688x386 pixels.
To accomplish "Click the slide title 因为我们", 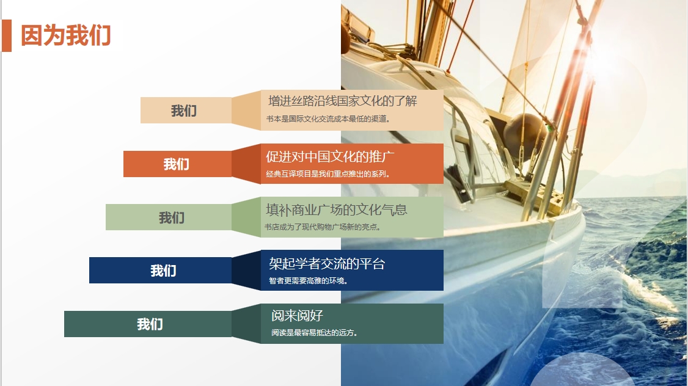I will point(66,35).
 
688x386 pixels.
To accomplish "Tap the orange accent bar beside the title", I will point(7,35).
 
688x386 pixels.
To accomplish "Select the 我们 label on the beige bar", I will point(183,111).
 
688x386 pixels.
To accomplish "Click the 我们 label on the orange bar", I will point(176,164).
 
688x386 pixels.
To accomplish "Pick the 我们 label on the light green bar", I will point(172,217).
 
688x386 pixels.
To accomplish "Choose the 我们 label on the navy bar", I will point(163,271).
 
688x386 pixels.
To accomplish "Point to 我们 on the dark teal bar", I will point(150,324).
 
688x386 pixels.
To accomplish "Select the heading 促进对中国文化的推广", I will point(330,156).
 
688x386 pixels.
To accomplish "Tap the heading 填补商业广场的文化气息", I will point(336,209).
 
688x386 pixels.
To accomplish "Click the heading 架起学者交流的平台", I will point(327,263).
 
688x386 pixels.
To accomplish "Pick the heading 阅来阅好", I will point(297,316).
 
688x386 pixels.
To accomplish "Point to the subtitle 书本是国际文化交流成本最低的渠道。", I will point(328,118).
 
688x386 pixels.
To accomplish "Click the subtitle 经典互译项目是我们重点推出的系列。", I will point(328,174).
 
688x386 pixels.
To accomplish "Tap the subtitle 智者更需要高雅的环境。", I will point(309,281).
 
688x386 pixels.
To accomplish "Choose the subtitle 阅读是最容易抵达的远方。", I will point(315,333).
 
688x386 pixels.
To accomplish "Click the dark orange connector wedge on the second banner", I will point(246,164).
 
